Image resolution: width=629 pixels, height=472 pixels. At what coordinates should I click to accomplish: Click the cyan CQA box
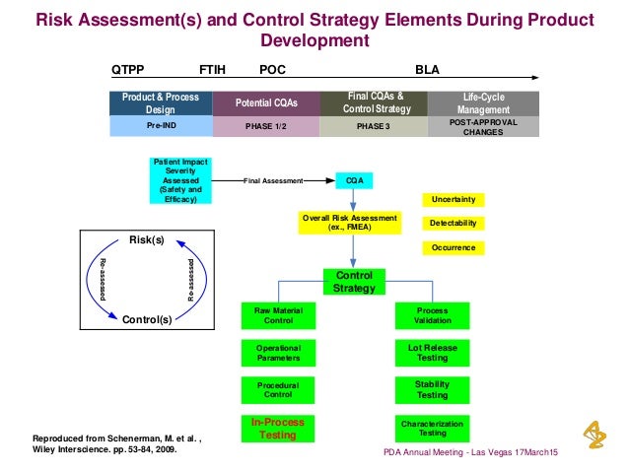tap(353, 181)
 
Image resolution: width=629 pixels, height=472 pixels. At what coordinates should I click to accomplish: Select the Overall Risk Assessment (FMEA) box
tap(351, 222)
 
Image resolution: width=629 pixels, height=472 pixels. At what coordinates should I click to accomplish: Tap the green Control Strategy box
tap(354, 281)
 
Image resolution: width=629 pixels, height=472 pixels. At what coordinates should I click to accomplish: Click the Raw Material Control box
tap(279, 315)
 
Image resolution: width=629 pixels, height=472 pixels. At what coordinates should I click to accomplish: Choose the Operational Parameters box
tap(279, 352)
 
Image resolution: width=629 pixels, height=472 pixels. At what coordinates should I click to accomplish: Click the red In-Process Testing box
tap(279, 428)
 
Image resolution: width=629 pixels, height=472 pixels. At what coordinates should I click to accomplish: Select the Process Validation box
tap(432, 315)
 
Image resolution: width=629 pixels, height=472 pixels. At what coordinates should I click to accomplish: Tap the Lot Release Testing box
tap(432, 352)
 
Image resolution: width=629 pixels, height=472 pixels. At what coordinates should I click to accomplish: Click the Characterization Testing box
tap(432, 428)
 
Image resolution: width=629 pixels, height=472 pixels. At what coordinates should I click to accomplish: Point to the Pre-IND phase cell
tap(161, 126)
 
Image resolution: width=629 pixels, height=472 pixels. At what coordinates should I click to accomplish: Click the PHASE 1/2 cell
tap(264, 127)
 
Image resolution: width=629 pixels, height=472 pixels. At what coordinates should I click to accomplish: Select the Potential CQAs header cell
tap(264, 102)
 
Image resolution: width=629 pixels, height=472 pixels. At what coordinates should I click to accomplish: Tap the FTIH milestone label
tap(212, 70)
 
